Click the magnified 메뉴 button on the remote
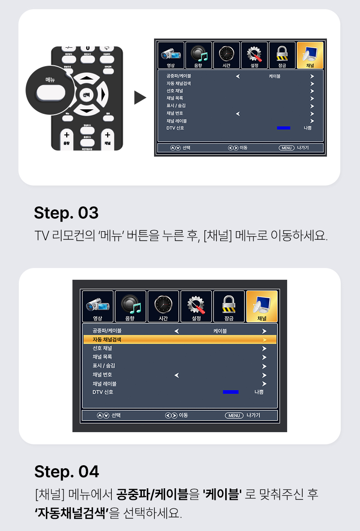click(50, 92)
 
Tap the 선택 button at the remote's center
click(86, 95)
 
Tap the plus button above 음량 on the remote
click(67, 135)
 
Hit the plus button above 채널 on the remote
click(108, 135)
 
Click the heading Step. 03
click(66, 213)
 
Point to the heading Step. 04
click(67, 472)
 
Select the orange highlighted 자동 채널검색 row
click(180, 339)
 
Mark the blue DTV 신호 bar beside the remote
click(283, 128)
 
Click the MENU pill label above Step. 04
click(234, 415)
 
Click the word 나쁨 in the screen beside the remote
click(308, 128)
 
